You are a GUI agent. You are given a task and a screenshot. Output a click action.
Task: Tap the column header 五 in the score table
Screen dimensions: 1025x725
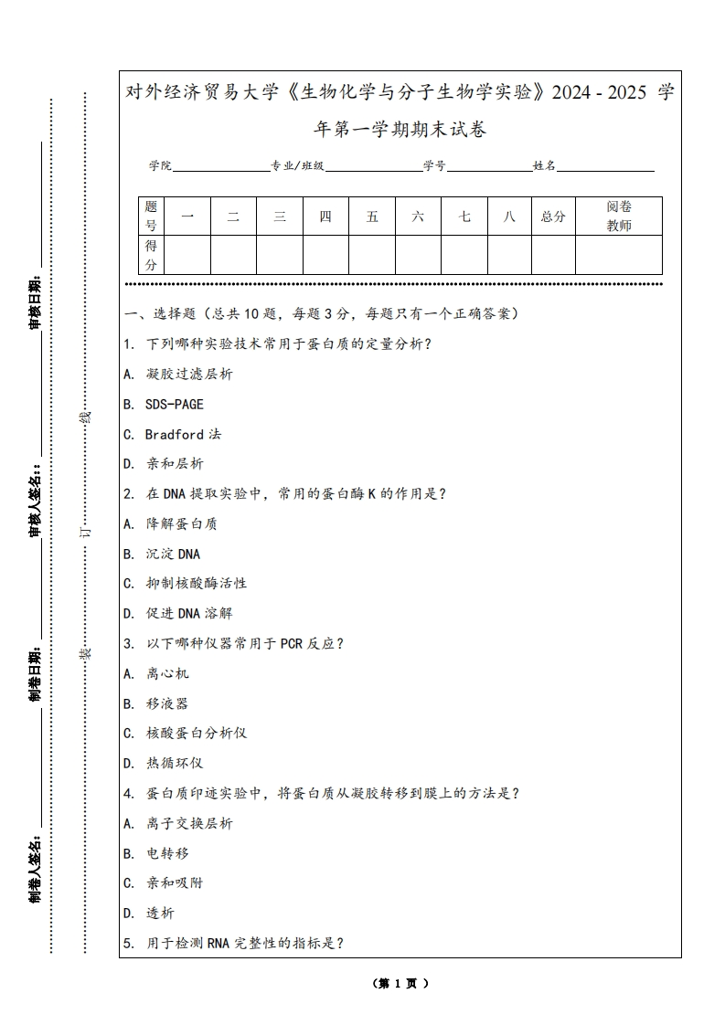(x=372, y=217)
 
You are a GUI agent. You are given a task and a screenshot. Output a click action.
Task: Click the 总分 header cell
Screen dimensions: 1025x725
(x=553, y=217)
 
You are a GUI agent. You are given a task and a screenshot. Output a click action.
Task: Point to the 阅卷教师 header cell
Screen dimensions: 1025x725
(x=619, y=217)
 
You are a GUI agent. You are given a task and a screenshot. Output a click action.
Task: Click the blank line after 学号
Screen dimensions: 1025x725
(x=489, y=166)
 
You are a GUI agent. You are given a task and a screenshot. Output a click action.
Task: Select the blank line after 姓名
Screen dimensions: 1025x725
(x=606, y=166)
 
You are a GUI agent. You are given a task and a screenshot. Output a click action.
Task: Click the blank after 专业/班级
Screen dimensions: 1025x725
(x=373, y=166)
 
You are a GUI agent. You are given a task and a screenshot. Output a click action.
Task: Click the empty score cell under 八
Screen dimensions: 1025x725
(x=509, y=255)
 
